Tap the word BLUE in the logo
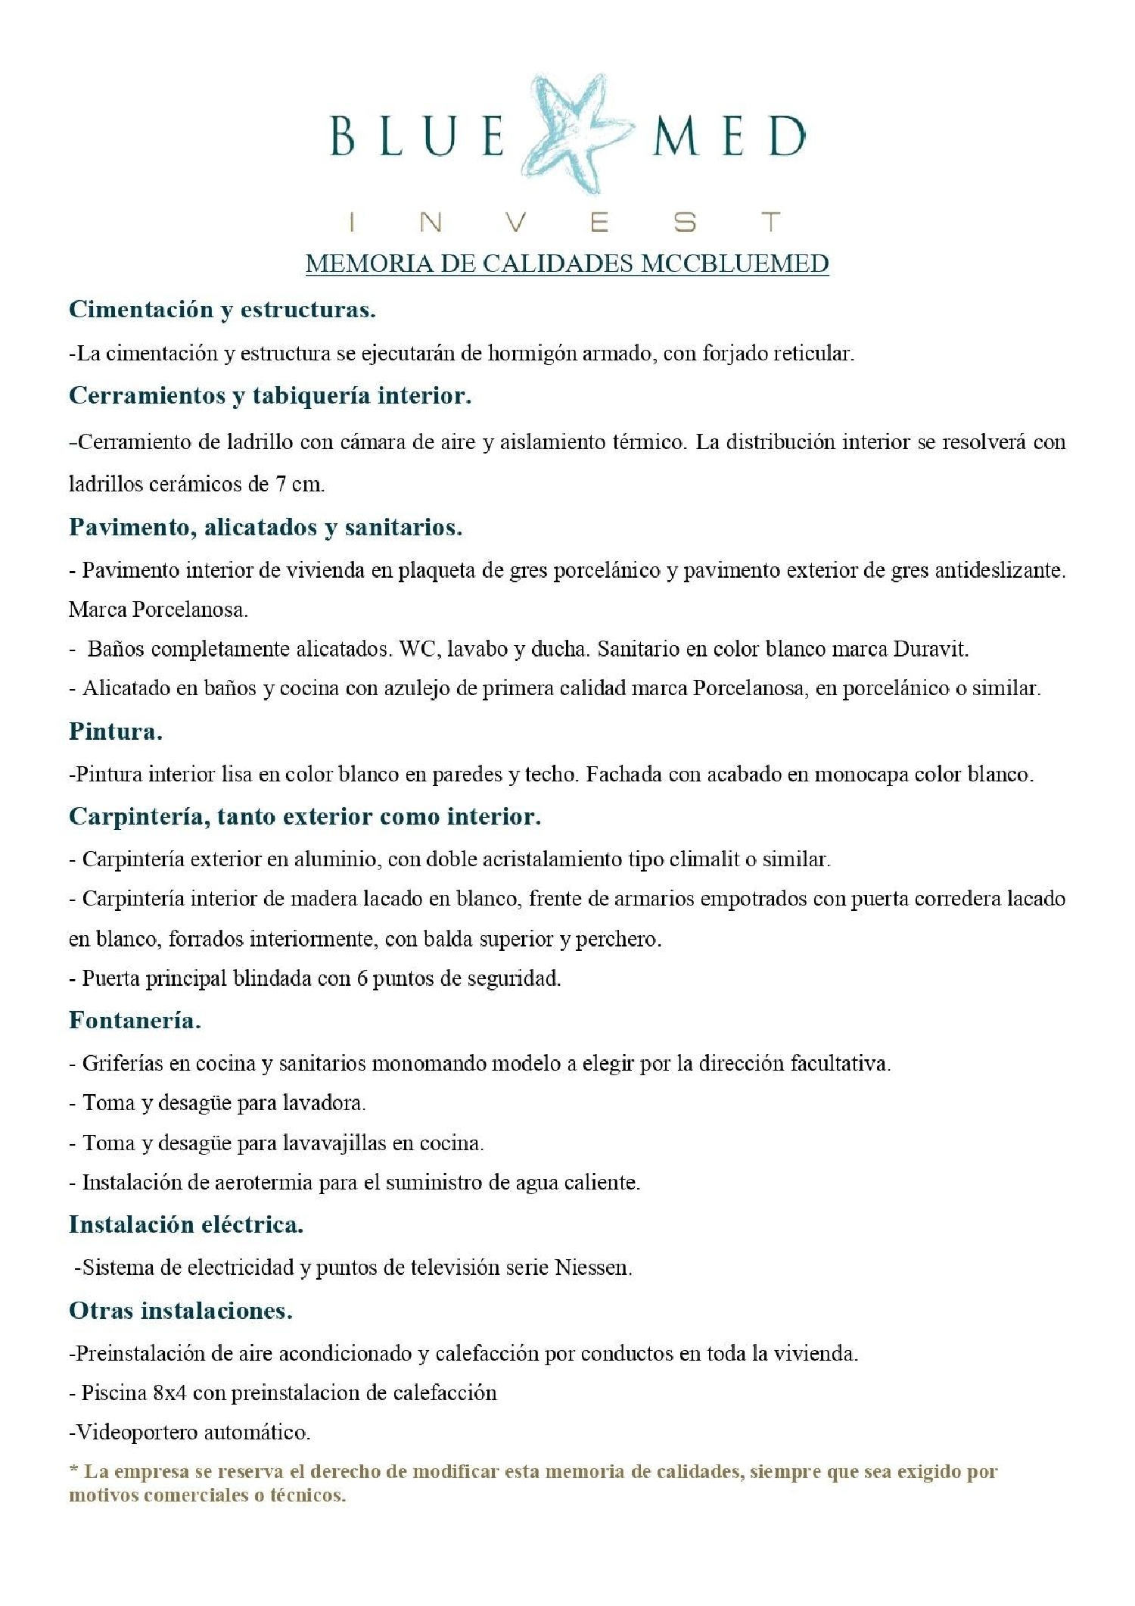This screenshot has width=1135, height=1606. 417,137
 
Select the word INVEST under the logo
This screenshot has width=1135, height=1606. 565,223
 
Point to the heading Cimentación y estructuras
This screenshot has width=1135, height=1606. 222,310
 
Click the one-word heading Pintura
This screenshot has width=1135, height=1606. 116,731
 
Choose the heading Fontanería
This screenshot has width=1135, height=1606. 135,1021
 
